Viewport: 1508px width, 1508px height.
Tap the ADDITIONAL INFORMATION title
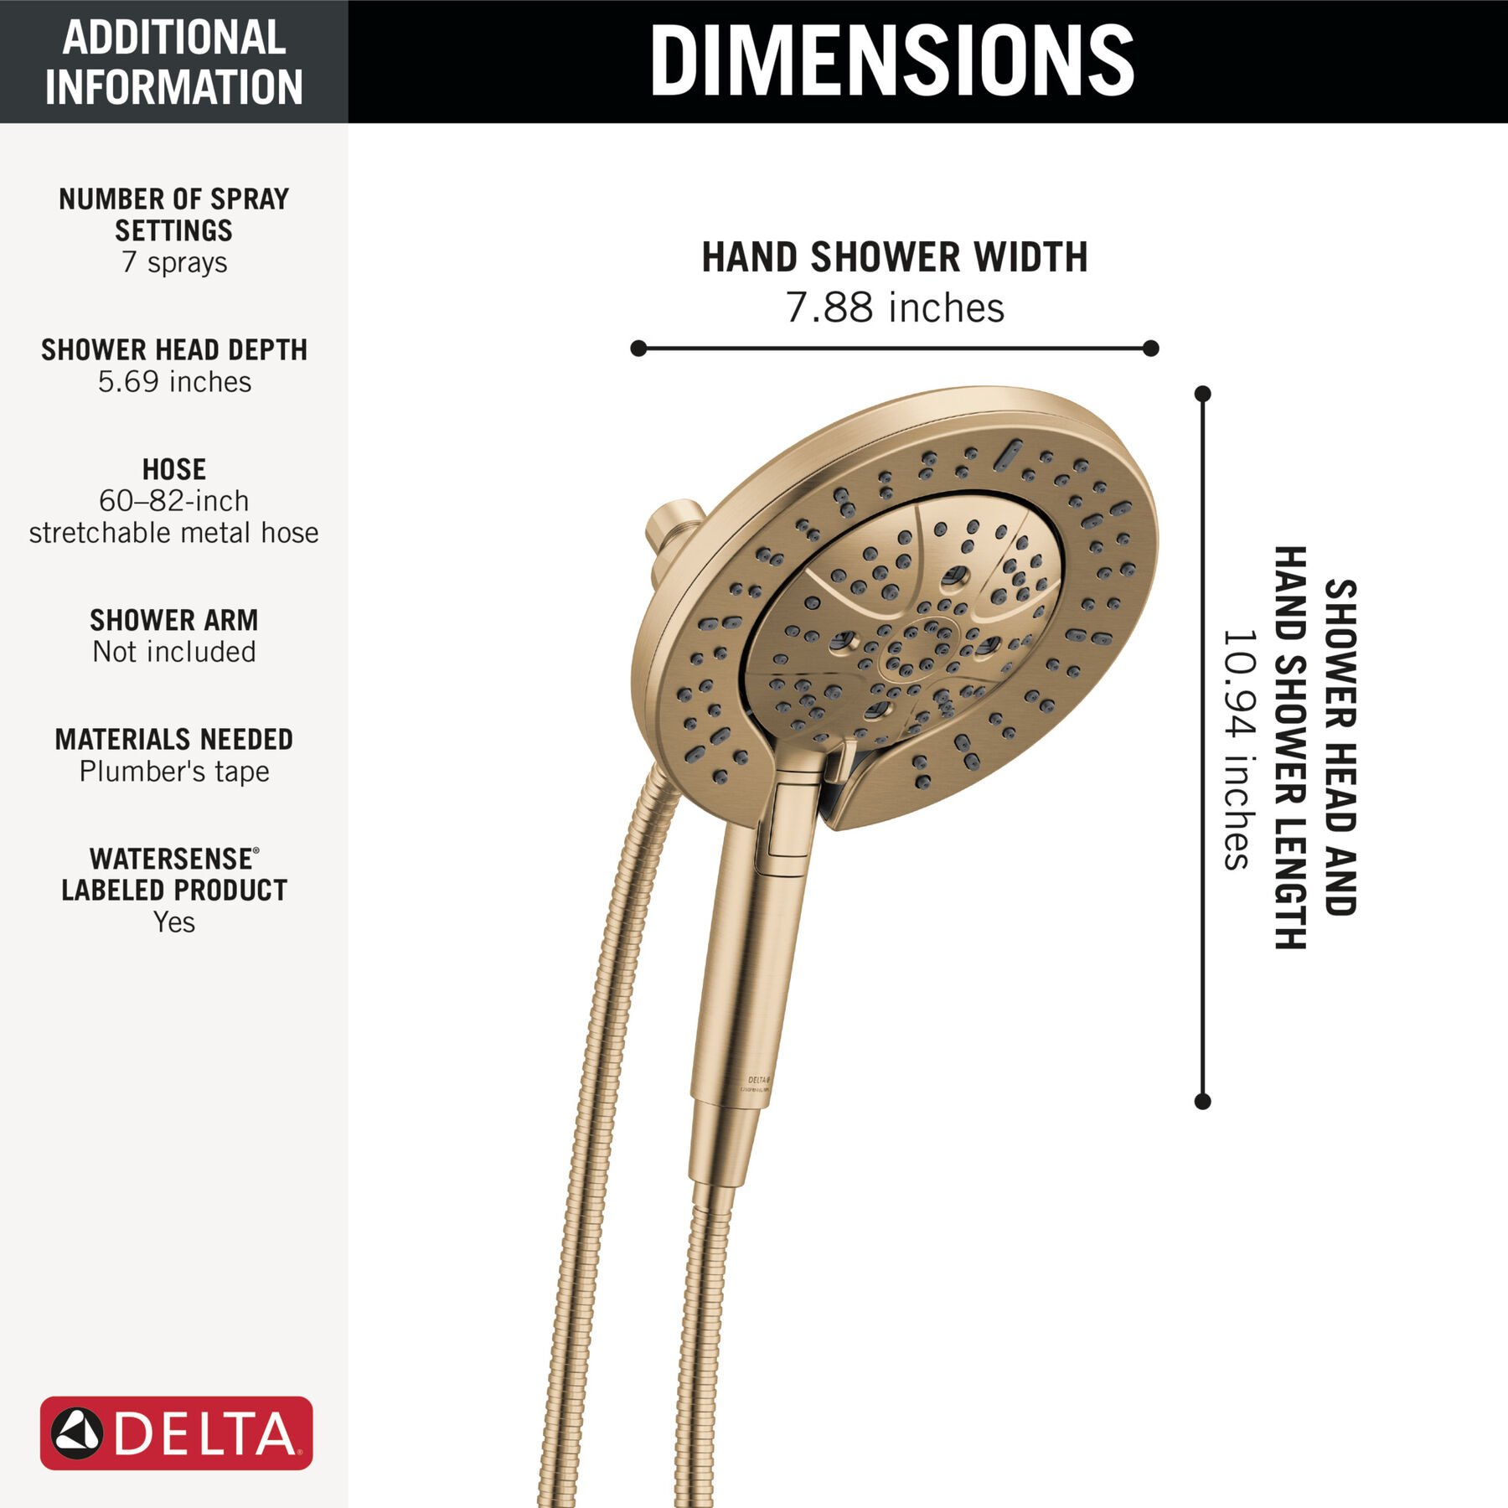[174, 62]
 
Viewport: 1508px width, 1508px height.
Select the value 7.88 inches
[895, 307]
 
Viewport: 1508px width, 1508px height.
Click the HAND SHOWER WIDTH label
[895, 257]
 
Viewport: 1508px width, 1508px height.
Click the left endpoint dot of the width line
[638, 348]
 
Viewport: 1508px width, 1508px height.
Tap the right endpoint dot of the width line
[1151, 348]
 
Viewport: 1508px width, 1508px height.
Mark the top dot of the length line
[1203, 394]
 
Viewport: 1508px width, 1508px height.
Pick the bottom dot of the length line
[1203, 1102]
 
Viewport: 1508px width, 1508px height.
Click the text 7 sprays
[174, 262]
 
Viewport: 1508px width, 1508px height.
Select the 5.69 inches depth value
[174, 382]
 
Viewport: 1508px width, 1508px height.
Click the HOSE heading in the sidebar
[174, 469]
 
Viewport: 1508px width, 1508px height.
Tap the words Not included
[174, 652]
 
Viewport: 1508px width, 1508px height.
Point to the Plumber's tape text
[174, 772]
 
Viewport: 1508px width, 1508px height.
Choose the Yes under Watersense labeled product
[174, 922]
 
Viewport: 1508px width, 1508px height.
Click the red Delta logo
[177, 1433]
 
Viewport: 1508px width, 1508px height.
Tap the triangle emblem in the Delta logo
[77, 1433]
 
